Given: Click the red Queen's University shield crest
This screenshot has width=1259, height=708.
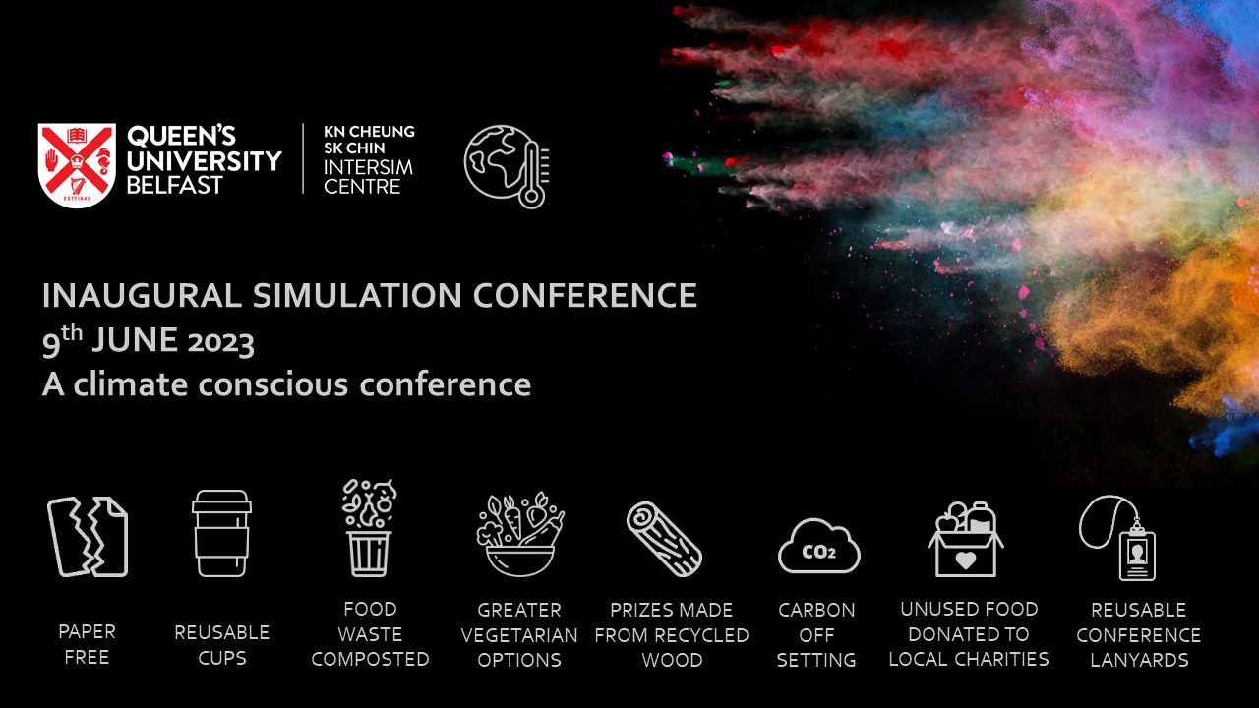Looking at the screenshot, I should point(77,164).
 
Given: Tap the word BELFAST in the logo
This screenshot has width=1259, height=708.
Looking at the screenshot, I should point(174,185).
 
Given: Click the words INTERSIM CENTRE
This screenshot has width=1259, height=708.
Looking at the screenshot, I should point(368,177).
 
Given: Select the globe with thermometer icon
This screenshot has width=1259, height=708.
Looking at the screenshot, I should point(507,165).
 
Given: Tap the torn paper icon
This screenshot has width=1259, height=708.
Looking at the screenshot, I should point(88,536).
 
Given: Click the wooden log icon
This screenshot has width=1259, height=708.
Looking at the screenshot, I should point(664,539).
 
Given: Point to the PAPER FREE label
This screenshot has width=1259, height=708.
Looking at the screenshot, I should point(87,644).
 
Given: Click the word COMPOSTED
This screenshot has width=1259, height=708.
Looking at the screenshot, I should point(370,659).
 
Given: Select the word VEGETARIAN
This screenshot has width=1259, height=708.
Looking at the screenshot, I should point(519,635).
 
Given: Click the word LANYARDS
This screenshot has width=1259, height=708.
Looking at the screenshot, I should point(1139,660).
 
